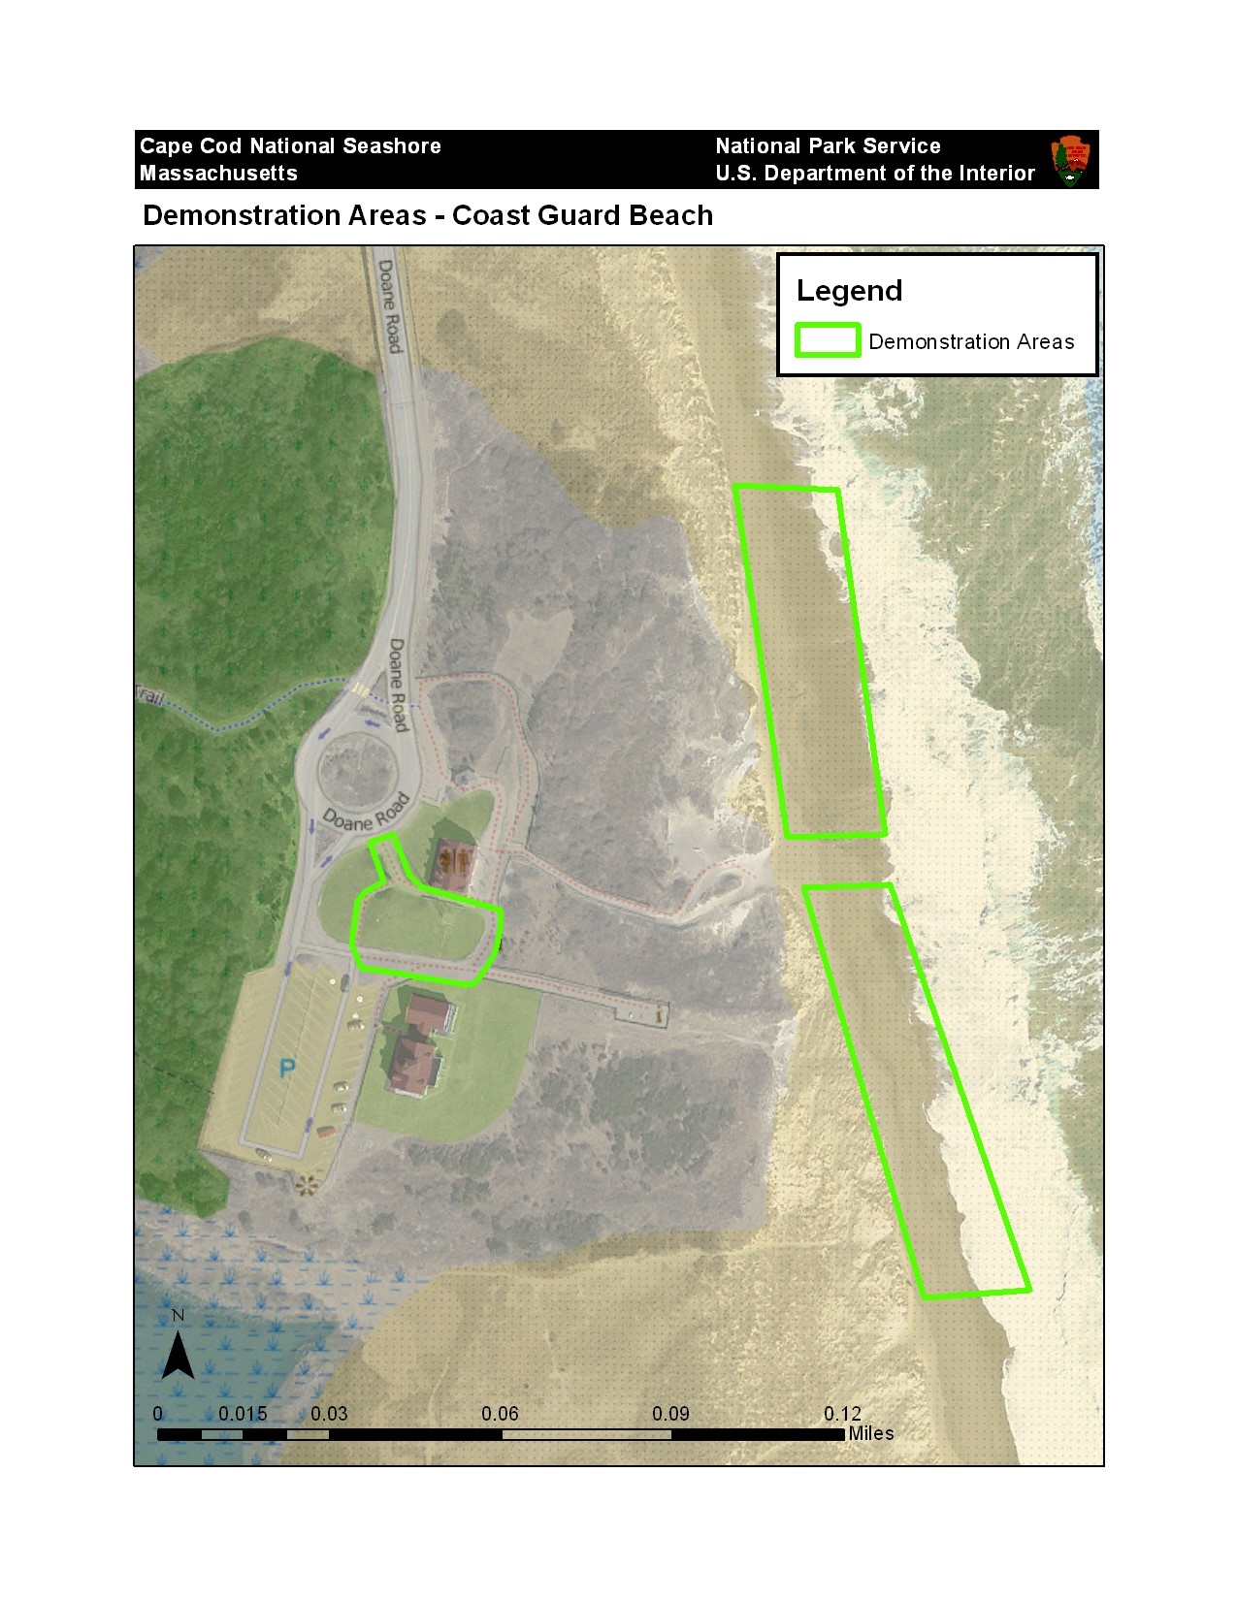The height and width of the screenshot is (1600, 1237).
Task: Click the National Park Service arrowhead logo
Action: (1070, 160)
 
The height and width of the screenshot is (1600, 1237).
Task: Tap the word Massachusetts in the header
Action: (218, 174)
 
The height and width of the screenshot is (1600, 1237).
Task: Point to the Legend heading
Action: (849, 291)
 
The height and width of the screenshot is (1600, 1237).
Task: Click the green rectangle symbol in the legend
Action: (828, 340)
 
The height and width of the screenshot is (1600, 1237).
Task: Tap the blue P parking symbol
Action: (287, 1069)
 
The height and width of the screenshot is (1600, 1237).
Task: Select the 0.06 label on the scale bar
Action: (500, 1414)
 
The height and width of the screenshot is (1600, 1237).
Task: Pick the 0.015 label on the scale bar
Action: (243, 1414)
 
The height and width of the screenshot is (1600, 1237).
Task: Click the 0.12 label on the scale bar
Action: (842, 1414)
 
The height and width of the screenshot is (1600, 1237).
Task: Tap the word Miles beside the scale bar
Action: (870, 1433)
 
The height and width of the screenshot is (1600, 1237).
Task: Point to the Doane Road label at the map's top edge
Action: (389, 305)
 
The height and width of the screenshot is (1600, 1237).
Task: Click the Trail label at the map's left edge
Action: (150, 695)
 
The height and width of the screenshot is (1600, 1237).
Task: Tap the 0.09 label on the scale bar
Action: (670, 1414)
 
